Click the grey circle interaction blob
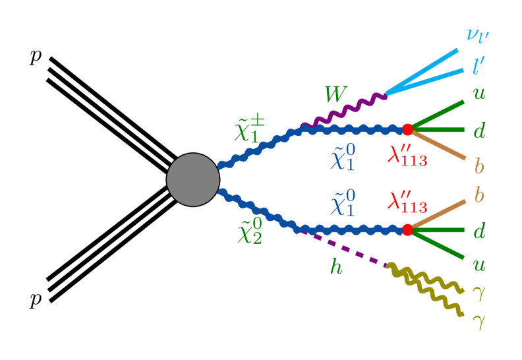coord(192,179)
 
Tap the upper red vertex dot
coord(407,129)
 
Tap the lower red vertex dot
coord(407,229)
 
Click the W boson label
coord(335,95)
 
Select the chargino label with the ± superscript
coord(250,129)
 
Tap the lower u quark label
coord(479,264)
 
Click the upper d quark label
coord(479,131)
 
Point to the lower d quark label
coord(479,230)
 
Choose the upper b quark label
coord(479,165)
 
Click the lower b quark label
coord(479,195)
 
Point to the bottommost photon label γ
coord(478,322)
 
